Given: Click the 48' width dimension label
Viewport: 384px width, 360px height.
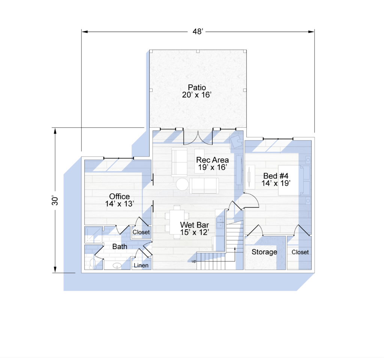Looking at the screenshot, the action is pos(198,31).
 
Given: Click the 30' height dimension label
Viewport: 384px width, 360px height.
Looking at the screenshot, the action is pos(55,200).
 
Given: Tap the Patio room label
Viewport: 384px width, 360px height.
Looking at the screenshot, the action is pos(196,91).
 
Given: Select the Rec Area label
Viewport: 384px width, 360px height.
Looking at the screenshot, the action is pos(212,163).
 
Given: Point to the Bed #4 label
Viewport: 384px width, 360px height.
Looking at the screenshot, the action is pos(276,179).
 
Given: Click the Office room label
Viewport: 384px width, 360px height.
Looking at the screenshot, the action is pos(120,200).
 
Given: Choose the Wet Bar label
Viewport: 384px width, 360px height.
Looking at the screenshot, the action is pos(195,229).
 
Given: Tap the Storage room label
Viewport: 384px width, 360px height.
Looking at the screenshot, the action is pos(264,252).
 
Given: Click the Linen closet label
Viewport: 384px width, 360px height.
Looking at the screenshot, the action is pos(141,265).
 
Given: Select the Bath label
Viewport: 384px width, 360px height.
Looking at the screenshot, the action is pos(120,246).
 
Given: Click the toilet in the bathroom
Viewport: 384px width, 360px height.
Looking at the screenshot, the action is pos(93,264).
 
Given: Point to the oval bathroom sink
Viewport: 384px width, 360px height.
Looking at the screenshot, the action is pos(117,266).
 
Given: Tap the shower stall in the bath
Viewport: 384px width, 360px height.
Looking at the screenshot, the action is pos(93,235).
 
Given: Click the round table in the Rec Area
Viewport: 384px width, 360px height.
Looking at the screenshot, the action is pos(182,184).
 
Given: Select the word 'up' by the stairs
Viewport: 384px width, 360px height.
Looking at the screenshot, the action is pos(194,261).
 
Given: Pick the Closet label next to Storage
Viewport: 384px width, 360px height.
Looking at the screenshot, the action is pos(300,252).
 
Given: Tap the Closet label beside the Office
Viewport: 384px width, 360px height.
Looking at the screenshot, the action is pos(141,232).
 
